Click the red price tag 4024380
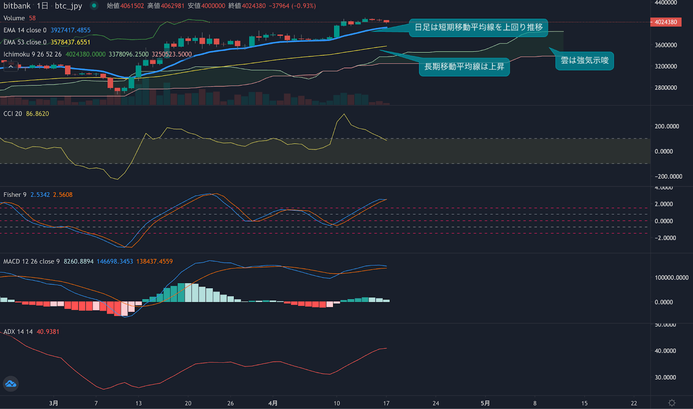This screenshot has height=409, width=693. pos(666,22)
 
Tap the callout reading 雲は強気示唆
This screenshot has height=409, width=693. pos(584,60)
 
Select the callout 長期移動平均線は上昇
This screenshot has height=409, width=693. pos(464,66)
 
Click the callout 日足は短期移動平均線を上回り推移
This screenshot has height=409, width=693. pos(478,27)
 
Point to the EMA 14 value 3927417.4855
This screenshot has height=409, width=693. pos(70,30)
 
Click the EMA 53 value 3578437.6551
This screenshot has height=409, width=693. pos(70,42)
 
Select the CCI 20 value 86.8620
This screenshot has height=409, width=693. pos(37,114)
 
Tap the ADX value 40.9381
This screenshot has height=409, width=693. pos(48,332)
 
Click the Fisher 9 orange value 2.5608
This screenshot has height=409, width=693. pos(63,195)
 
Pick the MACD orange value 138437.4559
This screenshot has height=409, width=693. pos(154,261)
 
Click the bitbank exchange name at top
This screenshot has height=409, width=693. pos(17,6)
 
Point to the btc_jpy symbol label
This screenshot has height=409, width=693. pos(68,6)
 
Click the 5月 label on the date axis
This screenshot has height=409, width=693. pos(485,403)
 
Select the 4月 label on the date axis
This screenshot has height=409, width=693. pos(272,403)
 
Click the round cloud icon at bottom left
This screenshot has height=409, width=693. pos(10,383)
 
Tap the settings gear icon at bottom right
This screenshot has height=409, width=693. pos(672,403)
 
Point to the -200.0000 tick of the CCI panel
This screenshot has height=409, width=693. pos(668,177)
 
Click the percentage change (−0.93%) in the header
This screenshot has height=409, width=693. pos(304,6)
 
